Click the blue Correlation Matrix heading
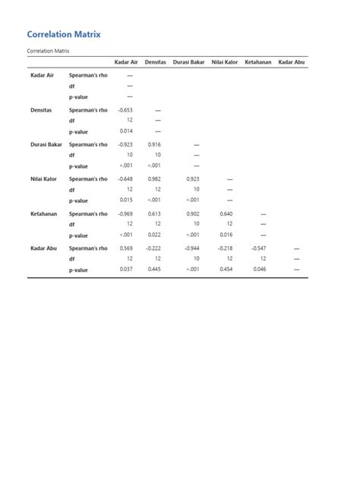tap(63, 34)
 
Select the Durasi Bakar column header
tap(189, 62)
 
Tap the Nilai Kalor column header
tap(225, 62)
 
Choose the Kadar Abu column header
tap(292, 62)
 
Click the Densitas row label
tap(41, 110)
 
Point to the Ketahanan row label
tap(43, 214)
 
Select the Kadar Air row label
tap(42, 76)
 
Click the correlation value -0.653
tap(125, 110)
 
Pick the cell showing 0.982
tap(155, 179)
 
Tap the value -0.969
tap(125, 214)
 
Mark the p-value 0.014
tap(126, 131)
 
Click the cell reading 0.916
tap(155, 144)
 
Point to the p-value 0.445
tap(155, 269)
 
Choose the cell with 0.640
tap(226, 214)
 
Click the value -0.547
tap(260, 248)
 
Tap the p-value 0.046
tap(260, 269)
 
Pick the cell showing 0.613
tap(155, 214)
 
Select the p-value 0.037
tap(126, 269)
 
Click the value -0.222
tap(154, 248)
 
